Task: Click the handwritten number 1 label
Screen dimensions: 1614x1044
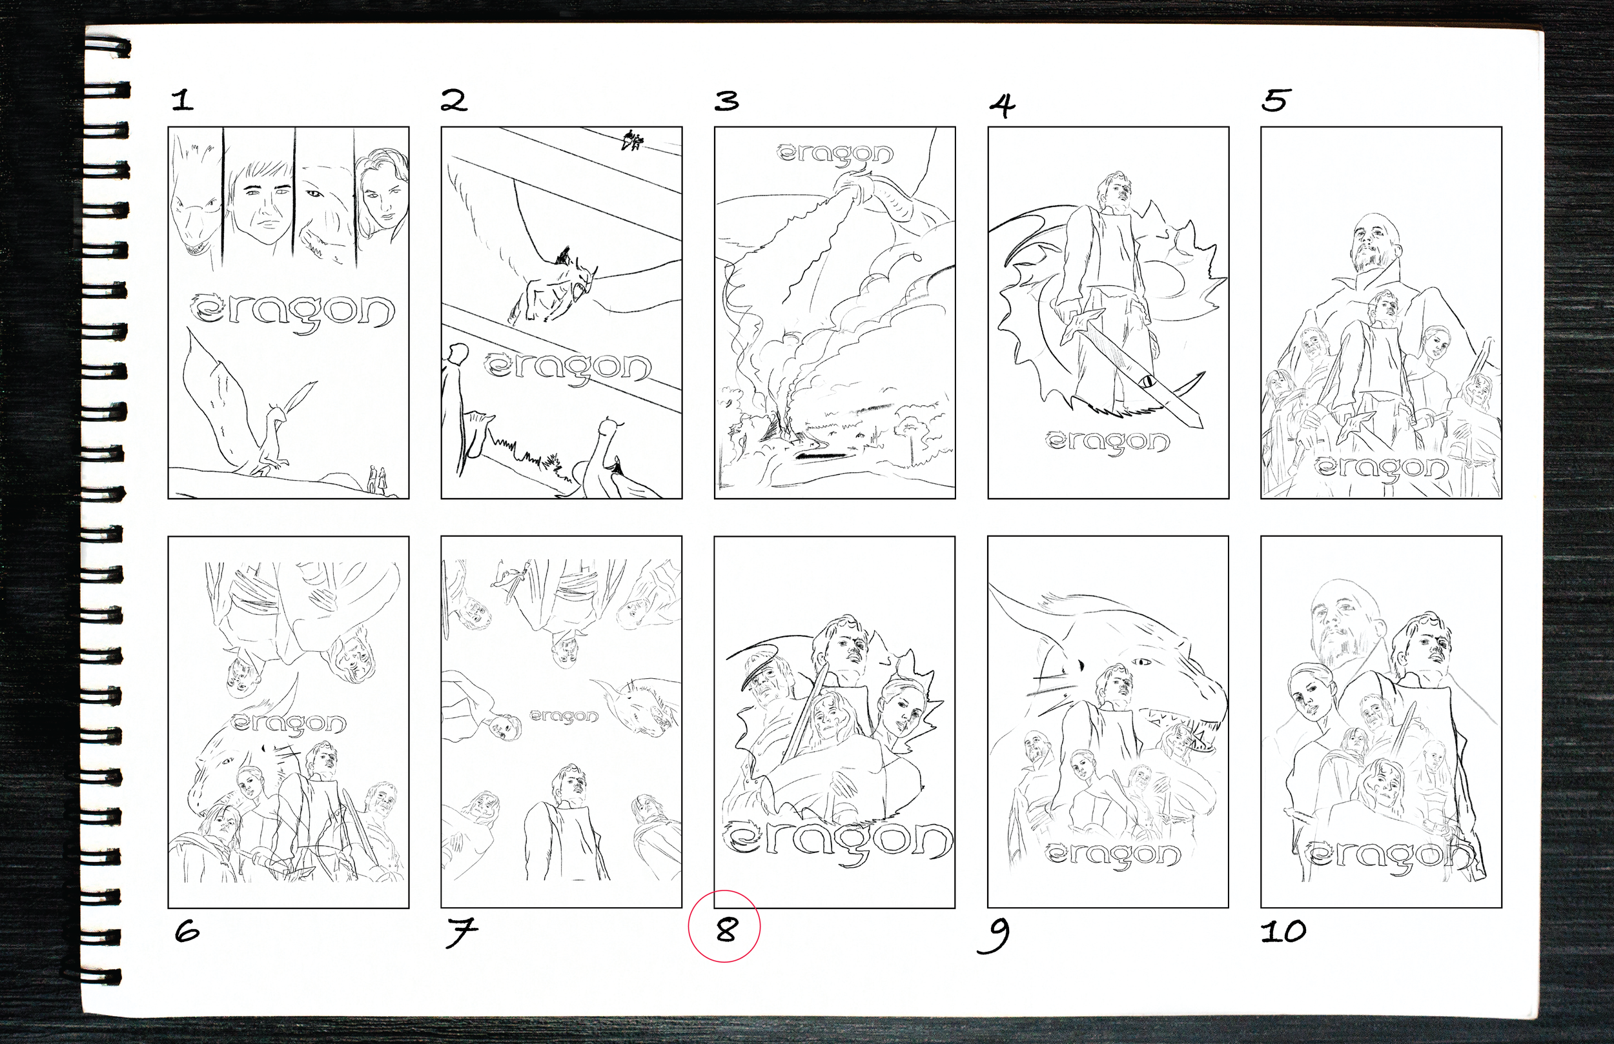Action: coord(183,101)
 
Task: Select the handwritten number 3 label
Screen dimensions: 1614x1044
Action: coord(727,101)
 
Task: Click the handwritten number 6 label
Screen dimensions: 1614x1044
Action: coord(187,932)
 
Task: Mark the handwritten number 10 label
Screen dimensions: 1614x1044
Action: coord(1283,932)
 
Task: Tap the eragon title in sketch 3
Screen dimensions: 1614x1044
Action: coord(835,154)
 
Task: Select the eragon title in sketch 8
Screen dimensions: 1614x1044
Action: coord(838,843)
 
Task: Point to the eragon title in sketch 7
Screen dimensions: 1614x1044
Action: coord(564,717)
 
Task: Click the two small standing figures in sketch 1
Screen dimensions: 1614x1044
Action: coord(377,479)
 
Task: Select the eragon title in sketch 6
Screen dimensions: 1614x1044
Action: coord(289,724)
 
